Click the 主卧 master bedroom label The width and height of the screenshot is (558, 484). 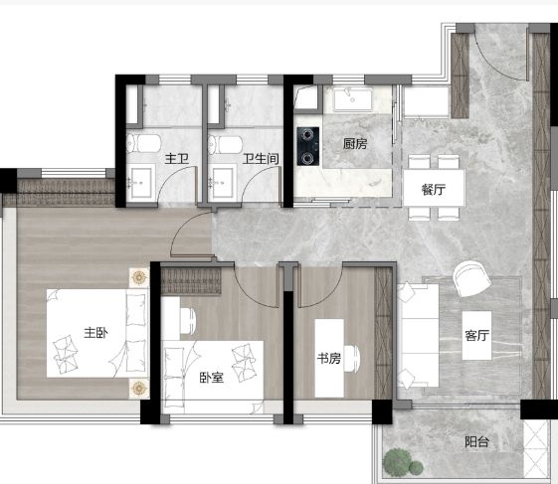tap(95, 333)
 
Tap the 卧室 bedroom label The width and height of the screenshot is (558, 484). tap(212, 378)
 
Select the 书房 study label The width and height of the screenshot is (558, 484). tap(329, 358)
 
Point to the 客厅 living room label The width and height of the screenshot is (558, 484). tap(477, 335)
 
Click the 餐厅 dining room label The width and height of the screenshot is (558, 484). tap(434, 189)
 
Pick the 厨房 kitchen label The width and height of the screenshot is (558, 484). tap(355, 144)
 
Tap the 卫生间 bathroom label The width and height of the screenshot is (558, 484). tap(261, 159)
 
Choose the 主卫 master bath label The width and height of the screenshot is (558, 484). tap(176, 159)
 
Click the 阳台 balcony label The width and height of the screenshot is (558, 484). tap(477, 441)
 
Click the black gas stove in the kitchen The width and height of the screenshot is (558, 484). tap(308, 146)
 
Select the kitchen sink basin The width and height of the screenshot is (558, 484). tap(353, 98)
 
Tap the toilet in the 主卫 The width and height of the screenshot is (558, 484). tap(144, 144)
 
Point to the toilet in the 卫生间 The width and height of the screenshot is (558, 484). tap(225, 144)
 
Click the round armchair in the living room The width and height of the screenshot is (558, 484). tap(471, 279)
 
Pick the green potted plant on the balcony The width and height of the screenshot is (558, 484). tap(402, 462)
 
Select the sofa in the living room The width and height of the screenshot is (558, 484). tap(419, 335)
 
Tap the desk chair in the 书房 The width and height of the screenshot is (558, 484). tap(351, 358)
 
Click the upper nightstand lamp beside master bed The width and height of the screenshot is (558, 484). tap(139, 277)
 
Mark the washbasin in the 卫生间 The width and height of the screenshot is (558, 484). tap(223, 182)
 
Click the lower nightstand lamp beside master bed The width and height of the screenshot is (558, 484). tap(139, 388)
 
